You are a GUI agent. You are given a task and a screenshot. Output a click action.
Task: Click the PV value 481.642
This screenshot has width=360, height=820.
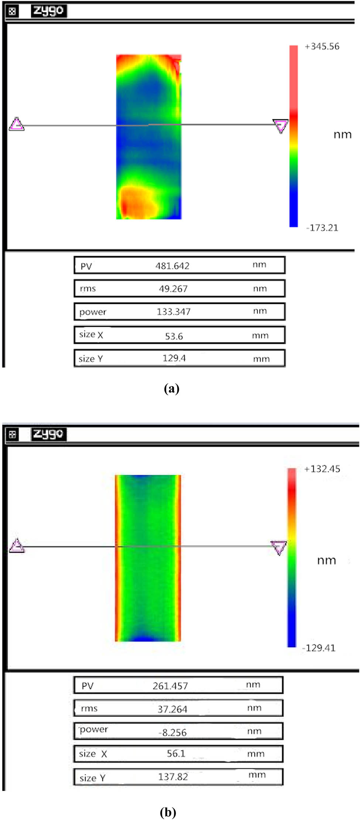tap(172, 266)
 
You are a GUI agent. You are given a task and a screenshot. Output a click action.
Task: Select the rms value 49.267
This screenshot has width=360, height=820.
tap(173, 289)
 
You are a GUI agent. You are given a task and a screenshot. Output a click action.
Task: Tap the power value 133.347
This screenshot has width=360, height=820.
tap(174, 312)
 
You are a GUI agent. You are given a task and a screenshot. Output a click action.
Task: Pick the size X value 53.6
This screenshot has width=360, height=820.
tap(174, 336)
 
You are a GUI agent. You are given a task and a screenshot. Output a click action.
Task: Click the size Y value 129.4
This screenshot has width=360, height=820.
tap(174, 358)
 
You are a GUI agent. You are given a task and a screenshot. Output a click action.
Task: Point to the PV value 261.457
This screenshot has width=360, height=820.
tap(170, 686)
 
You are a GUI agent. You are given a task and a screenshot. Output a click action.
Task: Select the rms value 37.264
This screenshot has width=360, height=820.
tap(172, 709)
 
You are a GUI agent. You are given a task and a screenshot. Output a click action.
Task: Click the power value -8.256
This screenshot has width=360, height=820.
tap(172, 732)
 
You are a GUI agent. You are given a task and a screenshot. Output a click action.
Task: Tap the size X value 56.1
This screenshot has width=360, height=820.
tap(176, 754)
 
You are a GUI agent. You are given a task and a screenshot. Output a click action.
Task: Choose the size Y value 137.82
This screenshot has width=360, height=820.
tap(173, 777)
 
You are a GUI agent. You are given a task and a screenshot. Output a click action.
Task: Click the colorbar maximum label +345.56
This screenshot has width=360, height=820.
tap(322, 47)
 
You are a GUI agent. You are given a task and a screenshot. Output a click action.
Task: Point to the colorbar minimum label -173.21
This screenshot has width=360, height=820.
tap(322, 228)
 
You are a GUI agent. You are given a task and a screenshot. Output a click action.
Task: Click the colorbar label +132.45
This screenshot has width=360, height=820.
tap(322, 469)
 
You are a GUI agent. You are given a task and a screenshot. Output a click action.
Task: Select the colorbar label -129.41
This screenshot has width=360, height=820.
tap(319, 648)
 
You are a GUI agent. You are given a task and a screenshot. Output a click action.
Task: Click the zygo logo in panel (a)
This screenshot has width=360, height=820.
tap(48, 11)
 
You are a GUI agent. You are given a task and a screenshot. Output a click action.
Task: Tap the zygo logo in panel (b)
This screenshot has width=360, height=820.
tap(48, 434)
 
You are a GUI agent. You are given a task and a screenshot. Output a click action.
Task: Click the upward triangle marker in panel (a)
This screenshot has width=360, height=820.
tap(17, 124)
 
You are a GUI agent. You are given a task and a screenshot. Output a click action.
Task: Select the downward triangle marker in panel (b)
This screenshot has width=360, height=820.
tap(279, 548)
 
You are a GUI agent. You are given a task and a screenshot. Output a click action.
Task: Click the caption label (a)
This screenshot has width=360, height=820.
tap(171, 389)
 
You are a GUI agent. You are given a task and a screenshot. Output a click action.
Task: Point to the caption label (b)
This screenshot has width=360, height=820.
tap(168, 812)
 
